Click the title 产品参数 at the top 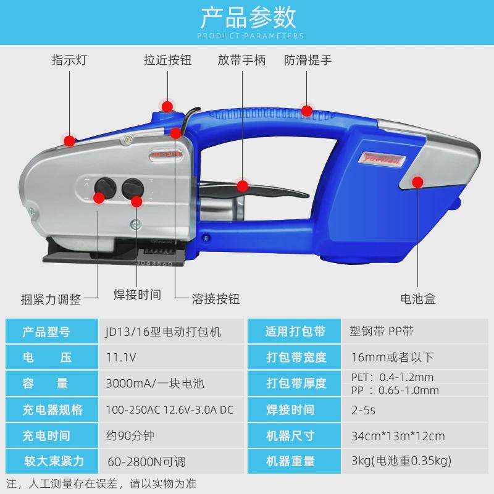pos(247,19)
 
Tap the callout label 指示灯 pos(69,61)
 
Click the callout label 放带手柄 pos(241,61)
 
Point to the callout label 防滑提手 pos(308,61)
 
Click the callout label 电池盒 pos(418,299)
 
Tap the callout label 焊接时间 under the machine pos(138,295)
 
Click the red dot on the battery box pos(418,182)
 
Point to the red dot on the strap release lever pos(242,185)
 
